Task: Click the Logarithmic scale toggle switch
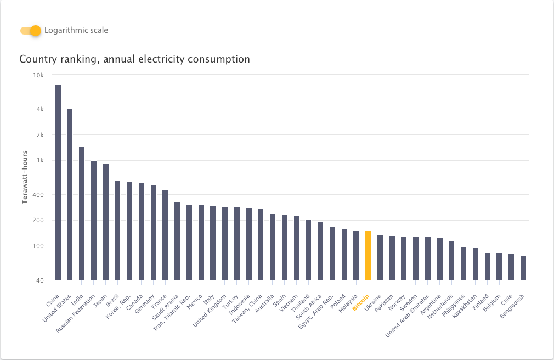pos(31,31)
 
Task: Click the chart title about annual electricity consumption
pos(134,59)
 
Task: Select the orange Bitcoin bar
pos(368,255)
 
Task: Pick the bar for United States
pos(70,194)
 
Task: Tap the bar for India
pos(82,213)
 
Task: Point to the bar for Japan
pos(106,222)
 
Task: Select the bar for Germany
pos(154,233)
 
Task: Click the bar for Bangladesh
pos(523,268)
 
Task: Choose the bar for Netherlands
pos(451,261)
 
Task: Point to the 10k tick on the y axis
pos(39,75)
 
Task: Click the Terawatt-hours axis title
pos(25,177)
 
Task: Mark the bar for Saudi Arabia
pos(177,241)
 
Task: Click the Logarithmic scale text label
pos(76,30)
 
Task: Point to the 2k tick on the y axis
pos(39,135)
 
